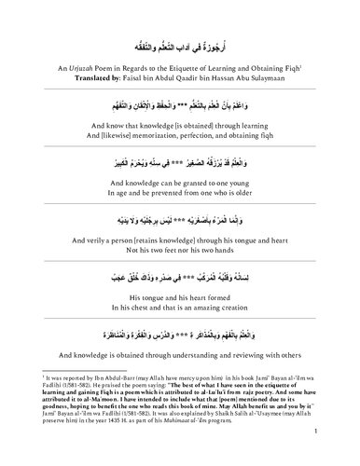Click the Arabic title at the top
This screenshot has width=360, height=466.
[x=181, y=43]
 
